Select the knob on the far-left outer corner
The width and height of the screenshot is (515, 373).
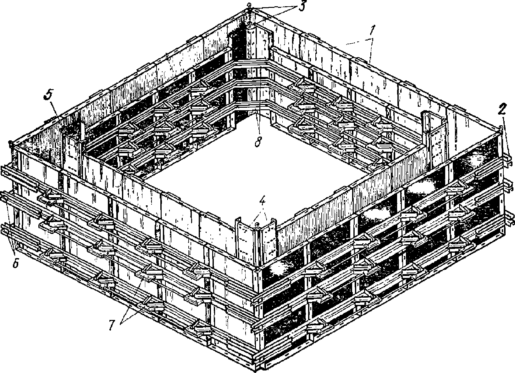(x=10, y=144)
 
